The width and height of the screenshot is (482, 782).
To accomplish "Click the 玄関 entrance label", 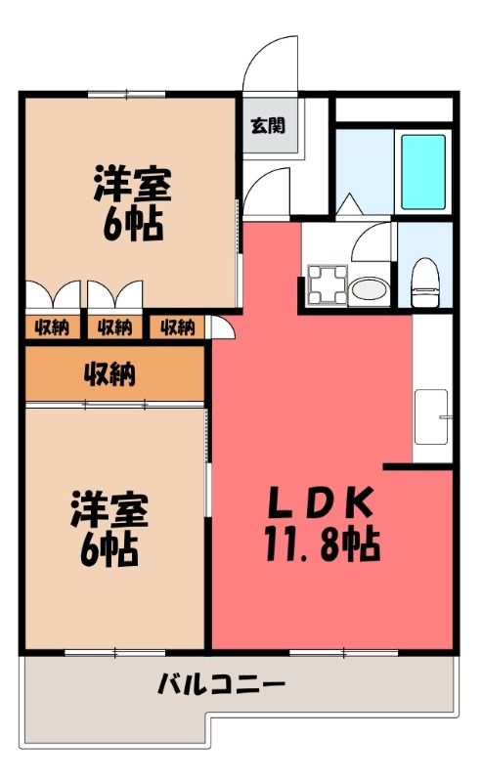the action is pyautogui.click(x=268, y=126).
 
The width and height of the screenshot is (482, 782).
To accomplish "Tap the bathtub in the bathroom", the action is pyautogui.click(x=423, y=172).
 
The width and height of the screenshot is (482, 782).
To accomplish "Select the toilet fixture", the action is pyautogui.click(x=425, y=282).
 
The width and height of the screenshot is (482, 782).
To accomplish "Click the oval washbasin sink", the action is pyautogui.click(x=369, y=289).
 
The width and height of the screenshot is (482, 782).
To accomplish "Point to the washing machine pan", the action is pyautogui.click(x=328, y=284).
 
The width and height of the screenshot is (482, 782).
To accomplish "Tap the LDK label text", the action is pyautogui.click(x=321, y=502).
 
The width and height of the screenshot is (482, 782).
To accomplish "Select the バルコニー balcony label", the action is pyautogui.click(x=221, y=684).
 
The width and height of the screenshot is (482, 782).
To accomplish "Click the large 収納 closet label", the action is pyautogui.click(x=110, y=373).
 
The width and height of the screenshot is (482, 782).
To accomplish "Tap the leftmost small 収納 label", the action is pyautogui.click(x=52, y=327).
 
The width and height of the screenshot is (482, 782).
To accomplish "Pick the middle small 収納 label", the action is pyautogui.click(x=114, y=327).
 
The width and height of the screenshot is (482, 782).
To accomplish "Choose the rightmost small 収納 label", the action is pyautogui.click(x=177, y=327).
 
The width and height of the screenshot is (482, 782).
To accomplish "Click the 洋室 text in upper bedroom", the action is pyautogui.click(x=132, y=184).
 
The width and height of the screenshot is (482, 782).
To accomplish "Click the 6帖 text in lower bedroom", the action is pyautogui.click(x=110, y=549).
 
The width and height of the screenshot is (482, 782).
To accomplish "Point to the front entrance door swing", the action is pyautogui.click(x=270, y=64).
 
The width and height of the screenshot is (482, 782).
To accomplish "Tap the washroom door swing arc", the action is pyautogui.click(x=371, y=241).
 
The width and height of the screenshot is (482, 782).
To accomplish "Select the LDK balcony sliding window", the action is pyautogui.click(x=344, y=652).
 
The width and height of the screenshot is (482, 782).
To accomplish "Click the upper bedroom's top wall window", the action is pyautogui.click(x=126, y=93).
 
